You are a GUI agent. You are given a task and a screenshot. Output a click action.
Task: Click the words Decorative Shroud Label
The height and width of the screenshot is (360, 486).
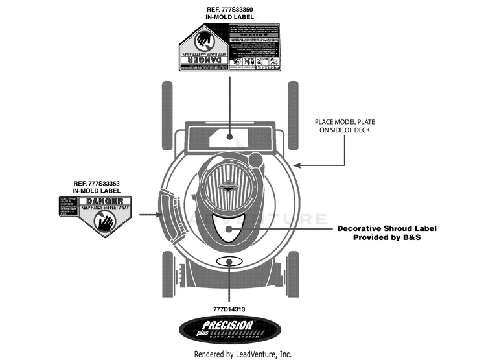pos(386,228)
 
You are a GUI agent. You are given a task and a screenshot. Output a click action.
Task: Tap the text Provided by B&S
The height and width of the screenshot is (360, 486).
pos(387,237)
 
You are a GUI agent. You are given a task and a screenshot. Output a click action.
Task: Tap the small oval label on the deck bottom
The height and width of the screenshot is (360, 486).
pos(229,261)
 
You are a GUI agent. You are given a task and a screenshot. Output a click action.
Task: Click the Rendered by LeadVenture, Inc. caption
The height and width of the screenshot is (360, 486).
pos(243,354)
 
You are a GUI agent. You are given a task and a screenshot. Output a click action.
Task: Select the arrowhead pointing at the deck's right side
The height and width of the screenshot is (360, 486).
pos(299,165)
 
